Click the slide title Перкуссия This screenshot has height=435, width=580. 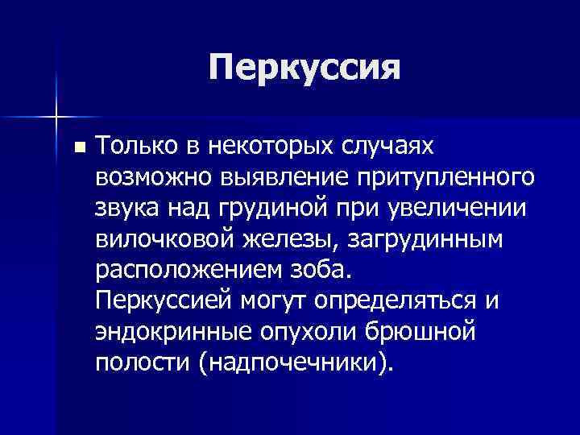click(x=304, y=68)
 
